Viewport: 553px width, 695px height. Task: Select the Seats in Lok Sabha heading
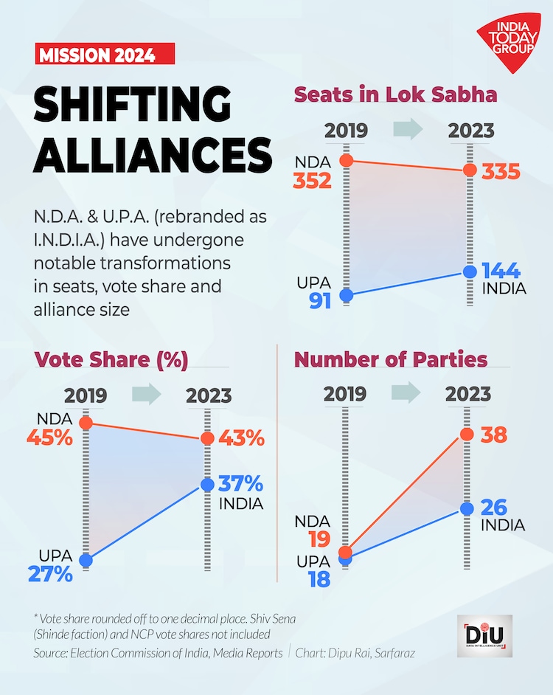395,95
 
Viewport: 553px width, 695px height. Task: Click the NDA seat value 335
501,173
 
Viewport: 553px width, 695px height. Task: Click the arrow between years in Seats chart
408,130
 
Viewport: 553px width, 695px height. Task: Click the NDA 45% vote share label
49,438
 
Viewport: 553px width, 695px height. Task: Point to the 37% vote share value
240,485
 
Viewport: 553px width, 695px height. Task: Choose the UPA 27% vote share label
50,573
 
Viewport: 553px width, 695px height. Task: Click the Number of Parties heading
390,359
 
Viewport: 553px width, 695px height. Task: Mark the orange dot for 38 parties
467,435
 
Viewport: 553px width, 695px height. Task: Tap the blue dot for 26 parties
467,508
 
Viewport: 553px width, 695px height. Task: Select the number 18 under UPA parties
319,578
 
